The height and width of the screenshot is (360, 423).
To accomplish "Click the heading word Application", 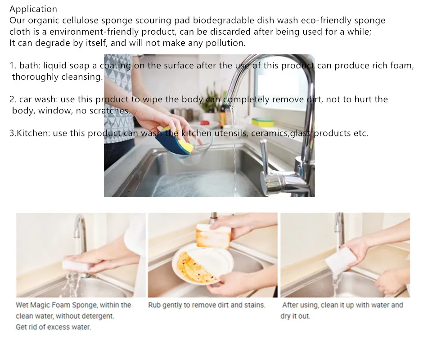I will (x=33, y=9).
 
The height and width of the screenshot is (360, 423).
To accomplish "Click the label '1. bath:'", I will (x=25, y=66).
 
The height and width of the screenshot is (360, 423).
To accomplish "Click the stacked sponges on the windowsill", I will (x=262, y=121).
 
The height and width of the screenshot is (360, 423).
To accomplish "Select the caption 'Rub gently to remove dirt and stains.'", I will (x=207, y=305).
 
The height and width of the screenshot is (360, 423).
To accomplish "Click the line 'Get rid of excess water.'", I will (x=53, y=327).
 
